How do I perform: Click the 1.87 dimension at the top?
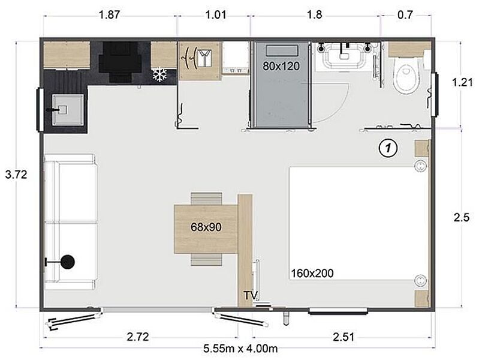[x=109, y=14]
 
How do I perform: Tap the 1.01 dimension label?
[x=216, y=14]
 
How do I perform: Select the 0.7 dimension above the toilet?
[x=405, y=14]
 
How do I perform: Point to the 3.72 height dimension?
[x=16, y=175]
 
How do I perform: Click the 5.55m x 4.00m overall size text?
[x=241, y=349]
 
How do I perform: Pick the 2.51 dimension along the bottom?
[x=344, y=337]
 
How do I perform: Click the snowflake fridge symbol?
[x=159, y=74]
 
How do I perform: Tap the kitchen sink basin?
[x=68, y=110]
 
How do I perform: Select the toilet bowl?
[x=405, y=76]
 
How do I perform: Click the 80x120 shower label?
[x=281, y=66]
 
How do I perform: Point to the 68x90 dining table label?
[x=206, y=227]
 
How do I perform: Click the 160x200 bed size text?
[x=312, y=273]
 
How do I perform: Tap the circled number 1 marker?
[x=388, y=148]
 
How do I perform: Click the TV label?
[x=251, y=295]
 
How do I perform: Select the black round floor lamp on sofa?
[x=67, y=262]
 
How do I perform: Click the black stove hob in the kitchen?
[x=120, y=62]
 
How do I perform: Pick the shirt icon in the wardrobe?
[x=202, y=58]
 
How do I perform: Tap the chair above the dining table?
[x=206, y=199]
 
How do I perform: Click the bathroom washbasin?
[x=345, y=55]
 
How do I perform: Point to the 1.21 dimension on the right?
[x=462, y=82]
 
